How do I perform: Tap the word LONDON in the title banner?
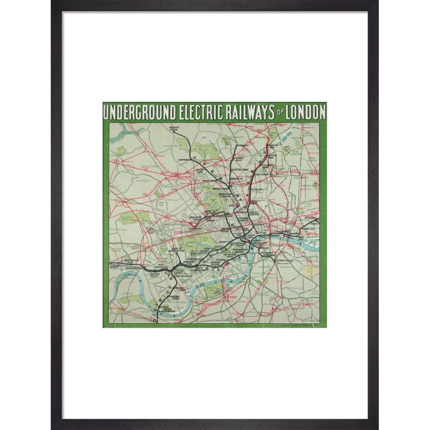coord(304,112)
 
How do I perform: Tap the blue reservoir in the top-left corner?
coord(125,129)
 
